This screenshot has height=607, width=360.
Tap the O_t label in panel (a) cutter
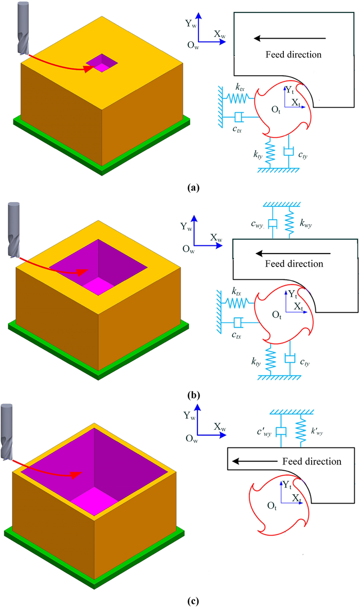(x=277, y=109)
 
